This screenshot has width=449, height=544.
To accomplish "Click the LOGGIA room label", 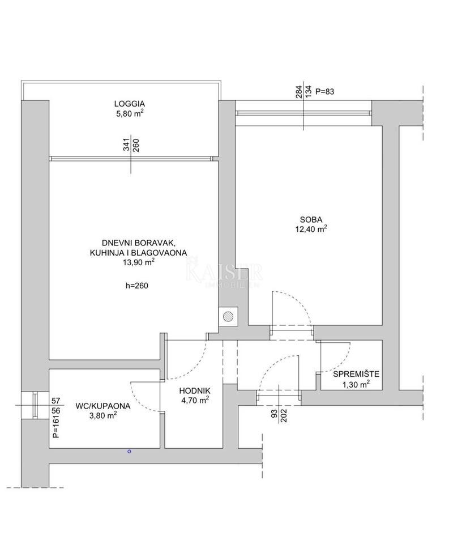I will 129,104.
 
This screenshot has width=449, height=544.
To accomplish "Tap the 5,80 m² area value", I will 129,113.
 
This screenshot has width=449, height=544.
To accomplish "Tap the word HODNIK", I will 195,390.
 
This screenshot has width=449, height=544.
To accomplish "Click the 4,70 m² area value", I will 195,400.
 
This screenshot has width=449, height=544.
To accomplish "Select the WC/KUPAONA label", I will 103,406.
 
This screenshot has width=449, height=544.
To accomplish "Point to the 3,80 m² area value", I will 103,415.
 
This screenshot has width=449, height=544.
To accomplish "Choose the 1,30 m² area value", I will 355,384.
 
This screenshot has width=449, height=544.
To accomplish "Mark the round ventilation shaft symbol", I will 229,316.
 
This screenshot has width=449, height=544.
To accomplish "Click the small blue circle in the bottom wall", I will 129,451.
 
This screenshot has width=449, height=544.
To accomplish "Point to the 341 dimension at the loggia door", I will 126,146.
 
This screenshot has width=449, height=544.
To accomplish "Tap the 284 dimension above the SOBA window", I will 298,91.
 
